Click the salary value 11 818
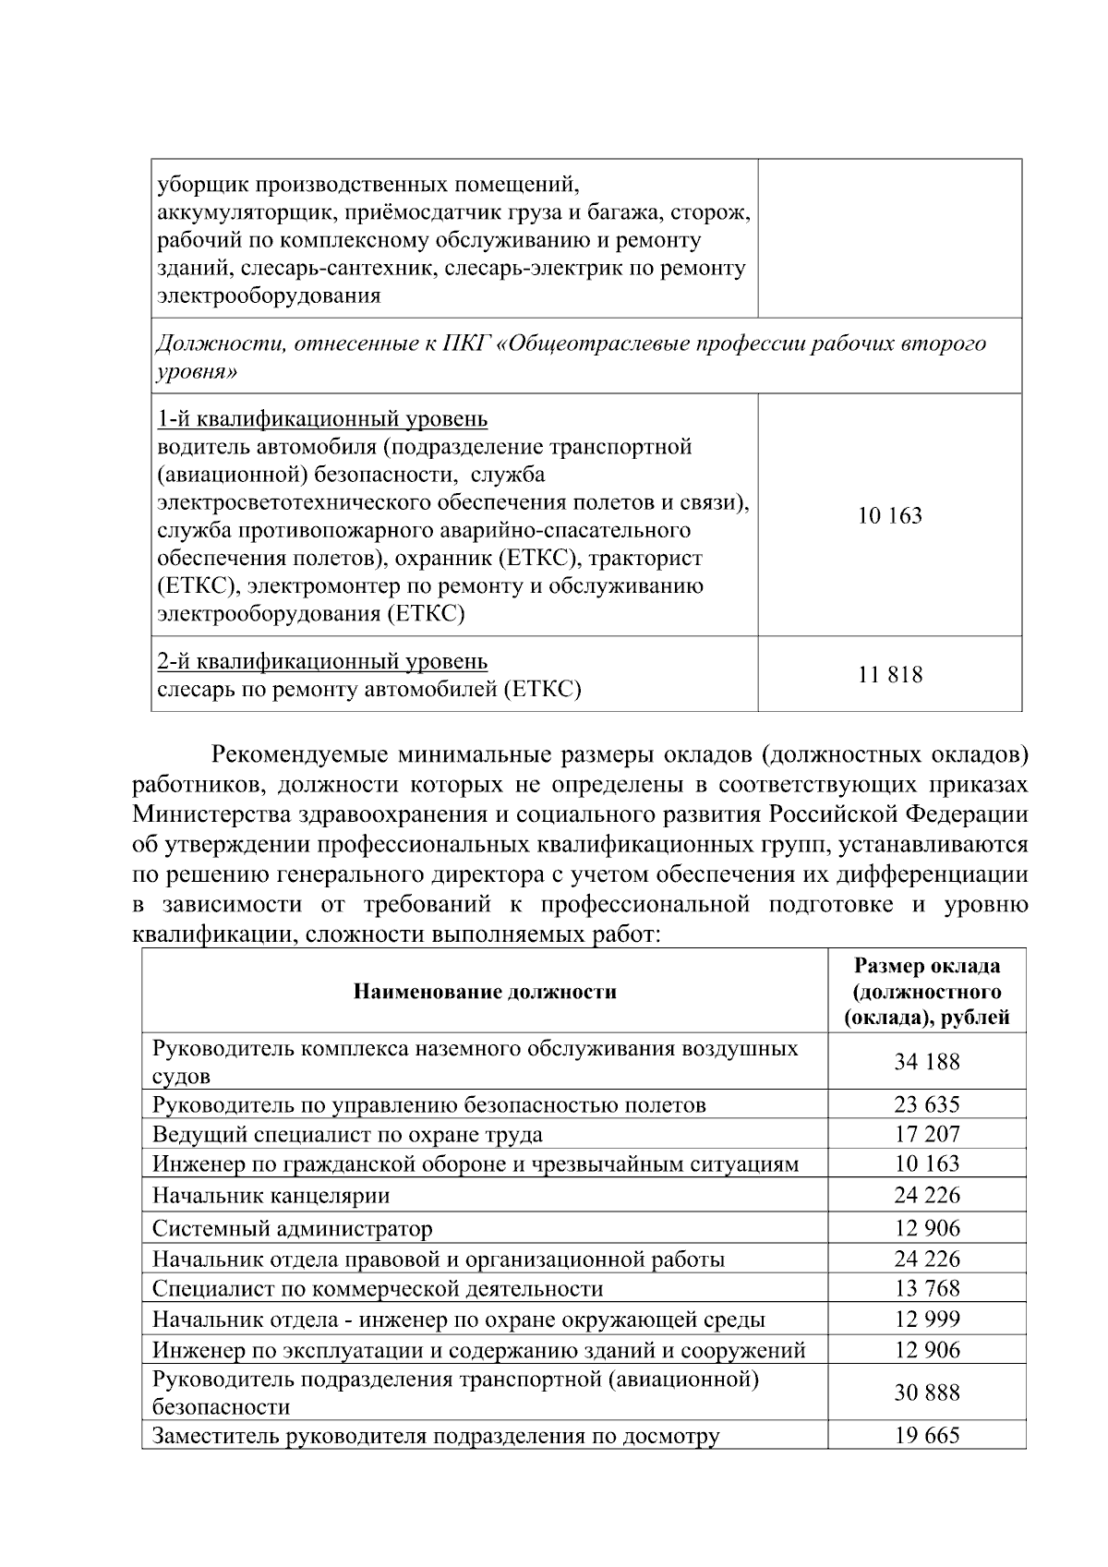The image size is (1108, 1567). [x=889, y=675]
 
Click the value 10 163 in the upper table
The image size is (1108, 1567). [x=889, y=516]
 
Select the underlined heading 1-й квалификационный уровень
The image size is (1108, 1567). [x=322, y=419]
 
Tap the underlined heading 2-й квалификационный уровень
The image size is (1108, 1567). [x=322, y=661]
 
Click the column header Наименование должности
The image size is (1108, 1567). [x=485, y=992]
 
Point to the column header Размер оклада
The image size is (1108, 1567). [x=926, y=967]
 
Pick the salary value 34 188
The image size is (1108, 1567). [x=926, y=1062]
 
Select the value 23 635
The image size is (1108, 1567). [x=926, y=1104]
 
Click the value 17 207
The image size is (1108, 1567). [x=926, y=1134]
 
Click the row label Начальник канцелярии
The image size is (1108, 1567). [x=271, y=1196]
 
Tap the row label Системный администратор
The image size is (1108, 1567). [x=292, y=1228]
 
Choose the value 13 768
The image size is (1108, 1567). [x=926, y=1288]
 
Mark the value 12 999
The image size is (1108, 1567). [x=926, y=1319]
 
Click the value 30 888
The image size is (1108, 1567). [x=926, y=1392]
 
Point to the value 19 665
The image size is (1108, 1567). [x=926, y=1436]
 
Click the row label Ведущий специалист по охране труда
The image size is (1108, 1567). [x=347, y=1134]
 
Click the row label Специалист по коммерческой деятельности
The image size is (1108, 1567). [x=378, y=1288]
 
